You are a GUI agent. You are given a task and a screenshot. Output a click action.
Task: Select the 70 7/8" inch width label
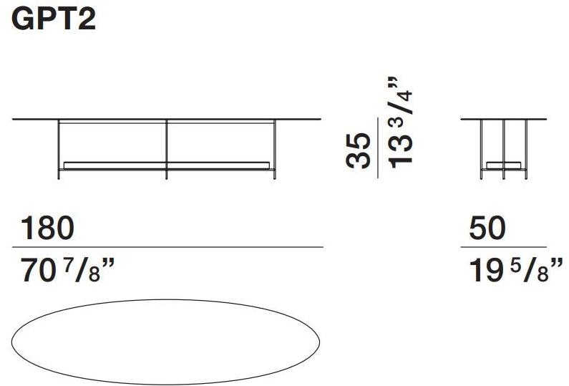click(64, 272)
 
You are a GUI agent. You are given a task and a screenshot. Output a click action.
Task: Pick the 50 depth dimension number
click(487, 229)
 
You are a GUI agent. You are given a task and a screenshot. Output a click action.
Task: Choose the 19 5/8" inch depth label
click(512, 272)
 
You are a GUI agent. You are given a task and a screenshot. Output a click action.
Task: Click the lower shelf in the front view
click(166, 164)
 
